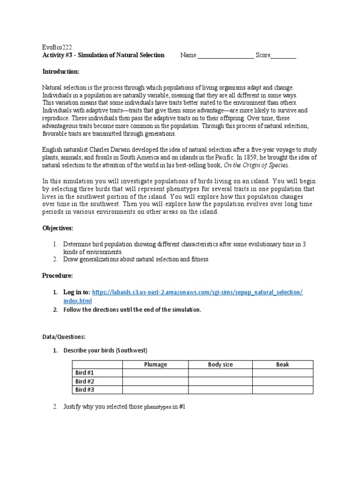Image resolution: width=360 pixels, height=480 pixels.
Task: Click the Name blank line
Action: pyautogui.click(x=225, y=56)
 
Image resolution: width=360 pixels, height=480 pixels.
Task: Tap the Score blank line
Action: pyautogui.click(x=284, y=56)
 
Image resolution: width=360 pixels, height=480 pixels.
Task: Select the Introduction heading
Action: pyautogui.click(x=61, y=71)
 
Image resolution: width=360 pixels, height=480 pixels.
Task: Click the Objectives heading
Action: pyautogui.click(x=58, y=228)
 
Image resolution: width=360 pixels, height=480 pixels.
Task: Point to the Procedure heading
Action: pyautogui.click(x=58, y=276)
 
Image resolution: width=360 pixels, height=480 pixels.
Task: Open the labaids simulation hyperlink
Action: pyautogui.click(x=197, y=292)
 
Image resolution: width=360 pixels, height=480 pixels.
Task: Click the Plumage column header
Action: pyautogui.click(x=155, y=365)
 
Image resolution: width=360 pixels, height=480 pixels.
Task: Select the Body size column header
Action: pyautogui.click(x=220, y=365)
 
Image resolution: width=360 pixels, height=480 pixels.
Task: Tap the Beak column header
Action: pyautogui.click(x=283, y=365)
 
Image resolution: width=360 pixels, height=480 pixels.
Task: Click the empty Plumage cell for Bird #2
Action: pyautogui.click(x=155, y=381)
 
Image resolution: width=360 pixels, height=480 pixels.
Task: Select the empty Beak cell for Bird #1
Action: pyautogui.click(x=283, y=373)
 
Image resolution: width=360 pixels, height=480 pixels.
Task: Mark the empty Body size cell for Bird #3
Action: pyautogui.click(x=220, y=390)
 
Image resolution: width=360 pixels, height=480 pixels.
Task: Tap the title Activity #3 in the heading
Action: pyautogui.click(x=58, y=55)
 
